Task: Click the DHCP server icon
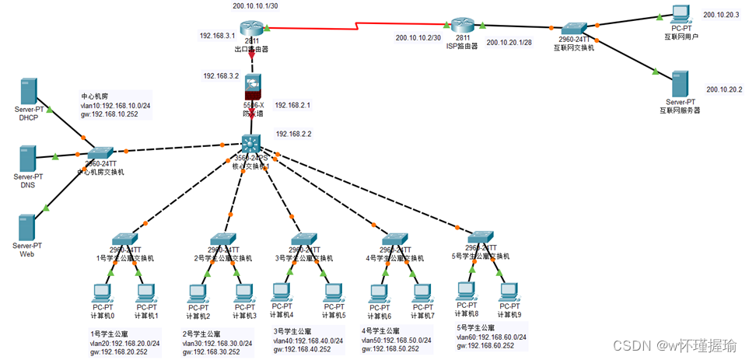point(29,91)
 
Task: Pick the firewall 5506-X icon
point(253,87)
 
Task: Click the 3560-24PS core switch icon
point(252,144)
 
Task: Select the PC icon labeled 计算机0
point(102,294)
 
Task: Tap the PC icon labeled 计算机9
point(509,290)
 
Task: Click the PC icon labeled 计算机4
point(282,292)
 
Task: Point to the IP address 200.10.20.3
point(720,14)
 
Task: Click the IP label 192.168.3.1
point(216,35)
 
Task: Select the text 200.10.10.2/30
point(418,37)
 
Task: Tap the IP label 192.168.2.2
point(292,134)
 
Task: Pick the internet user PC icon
point(681,13)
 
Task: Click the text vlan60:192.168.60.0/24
point(492,337)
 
